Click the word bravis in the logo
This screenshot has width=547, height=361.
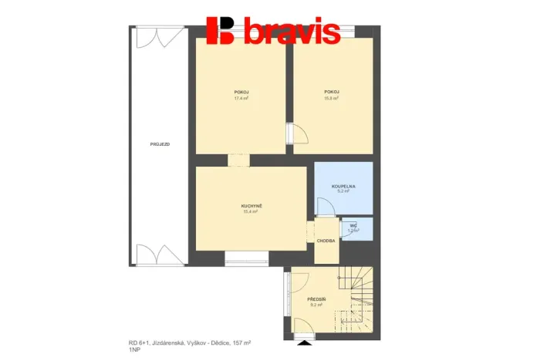(292, 31)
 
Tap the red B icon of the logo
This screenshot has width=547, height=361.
(221, 30)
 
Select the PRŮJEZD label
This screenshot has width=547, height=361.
(160, 144)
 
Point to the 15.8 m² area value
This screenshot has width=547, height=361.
(332, 98)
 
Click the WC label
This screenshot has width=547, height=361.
(353, 225)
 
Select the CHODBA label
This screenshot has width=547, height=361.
(326, 241)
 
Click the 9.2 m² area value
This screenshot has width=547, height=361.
(316, 305)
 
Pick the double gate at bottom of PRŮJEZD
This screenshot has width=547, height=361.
(159, 254)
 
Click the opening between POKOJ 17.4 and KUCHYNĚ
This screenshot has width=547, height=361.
(239, 160)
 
